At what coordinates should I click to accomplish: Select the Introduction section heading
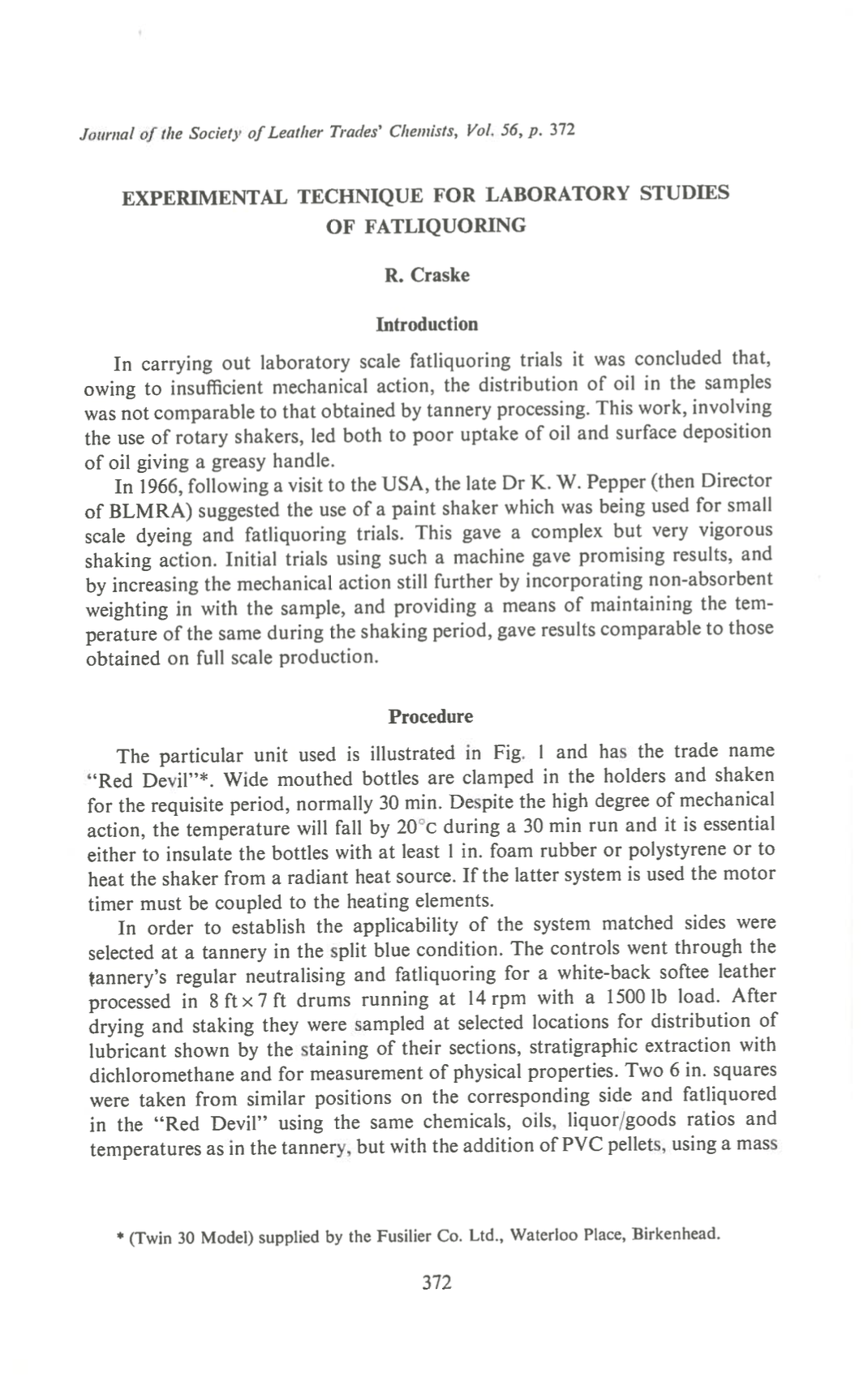pyautogui.click(x=427, y=324)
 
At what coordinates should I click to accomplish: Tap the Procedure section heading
pyautogui.click(x=430, y=717)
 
